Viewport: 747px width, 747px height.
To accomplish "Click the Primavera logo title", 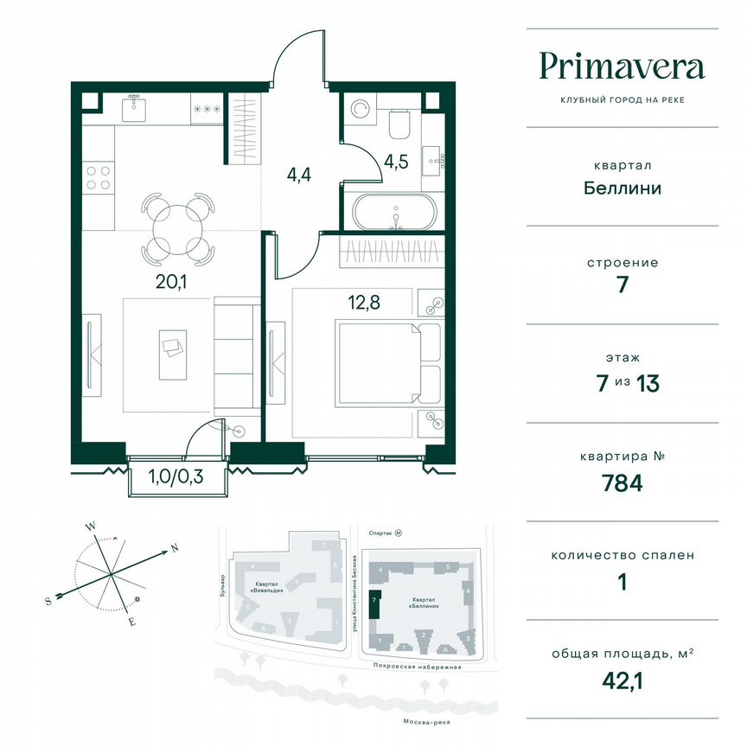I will click(622, 67).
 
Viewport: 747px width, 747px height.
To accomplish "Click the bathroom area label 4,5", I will click(395, 161).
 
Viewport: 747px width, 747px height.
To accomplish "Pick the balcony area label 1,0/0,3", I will click(177, 476).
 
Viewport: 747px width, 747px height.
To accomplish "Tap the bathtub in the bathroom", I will click(396, 212).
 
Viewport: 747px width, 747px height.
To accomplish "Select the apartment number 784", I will click(622, 483).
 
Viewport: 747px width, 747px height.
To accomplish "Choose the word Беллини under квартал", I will click(622, 188).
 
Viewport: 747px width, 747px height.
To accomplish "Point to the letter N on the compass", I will click(174, 549).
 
